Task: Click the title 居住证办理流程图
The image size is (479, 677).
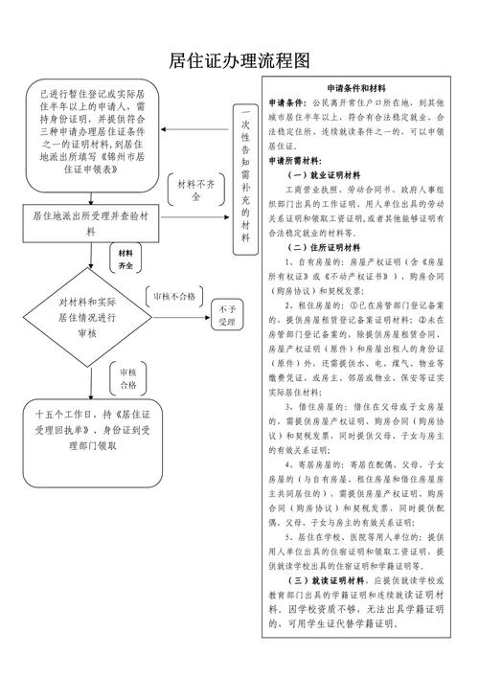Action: tap(239, 60)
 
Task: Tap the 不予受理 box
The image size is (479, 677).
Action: tap(226, 316)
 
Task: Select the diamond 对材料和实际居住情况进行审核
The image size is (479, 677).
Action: tap(87, 316)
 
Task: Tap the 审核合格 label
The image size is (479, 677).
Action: tap(127, 378)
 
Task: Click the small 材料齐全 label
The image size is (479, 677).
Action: tap(125, 257)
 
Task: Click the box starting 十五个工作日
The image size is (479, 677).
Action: tap(89, 430)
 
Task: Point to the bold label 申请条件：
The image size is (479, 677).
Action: tap(287, 101)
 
